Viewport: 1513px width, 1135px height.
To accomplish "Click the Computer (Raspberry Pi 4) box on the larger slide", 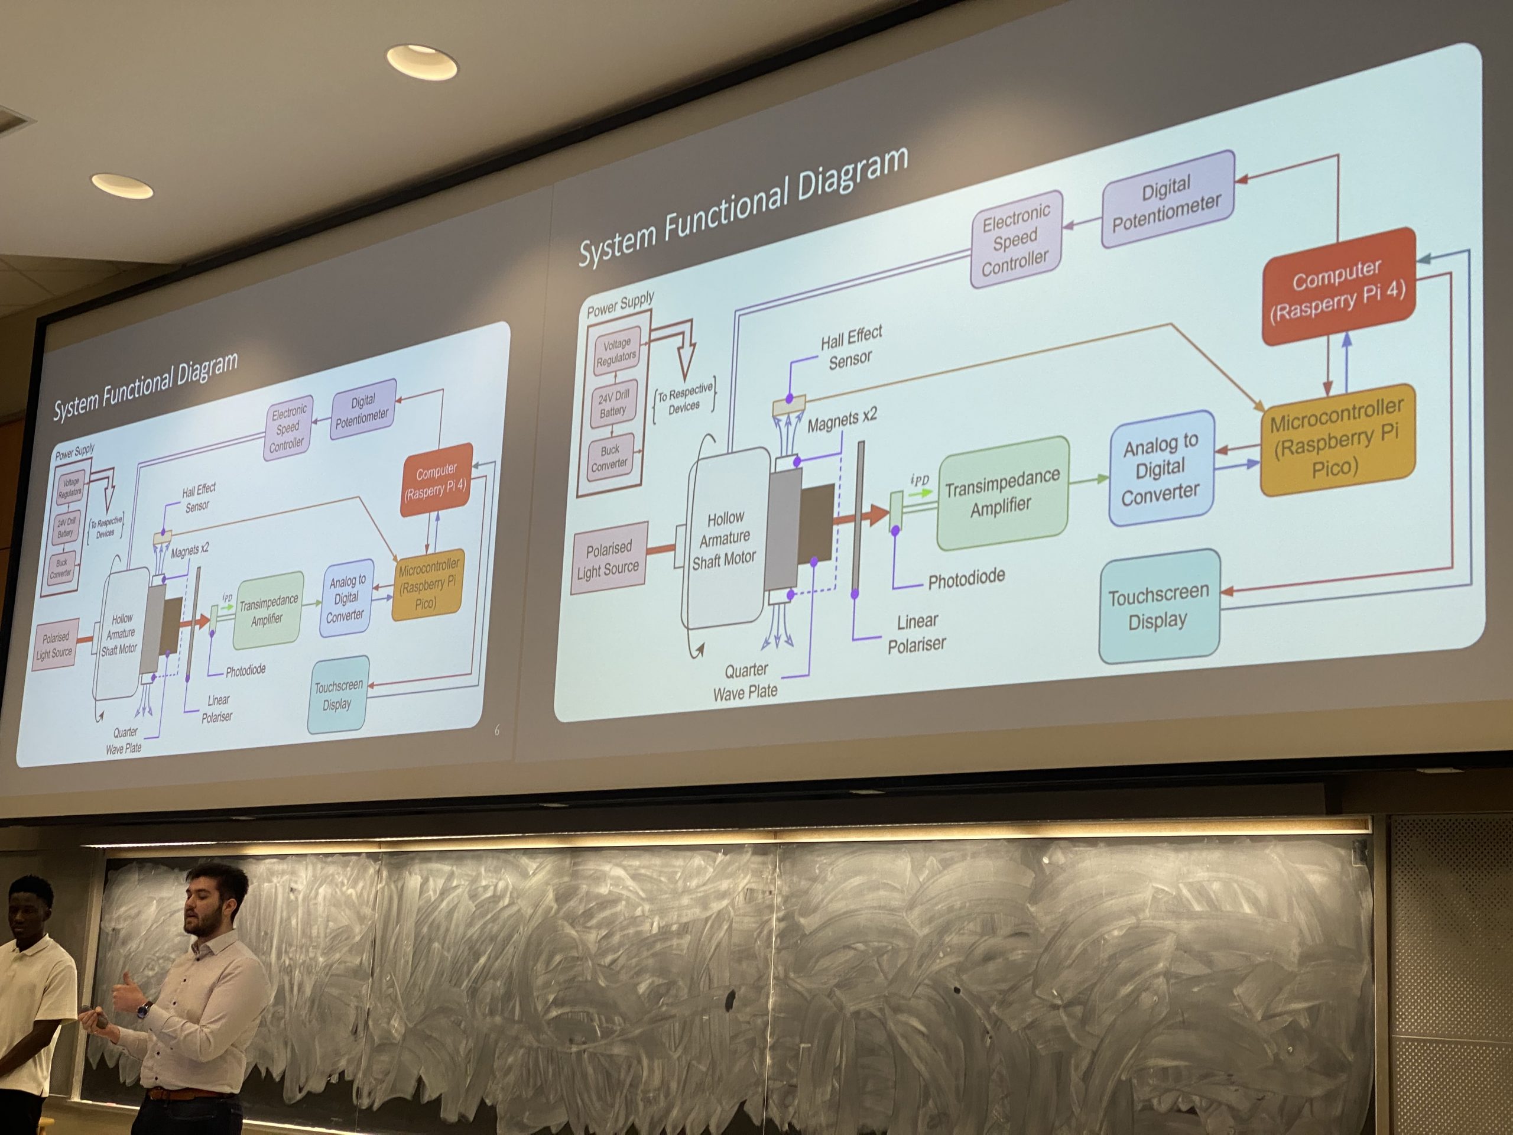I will tap(1337, 287).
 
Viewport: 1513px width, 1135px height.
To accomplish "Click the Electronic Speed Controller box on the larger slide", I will tap(1015, 239).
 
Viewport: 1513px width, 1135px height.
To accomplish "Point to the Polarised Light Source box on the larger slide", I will tap(608, 558).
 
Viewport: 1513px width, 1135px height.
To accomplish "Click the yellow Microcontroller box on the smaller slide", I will tap(427, 585).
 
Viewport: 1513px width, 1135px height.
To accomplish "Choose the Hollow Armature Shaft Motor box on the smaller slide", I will tap(121, 634).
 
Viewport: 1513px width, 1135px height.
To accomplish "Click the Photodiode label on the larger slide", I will tap(966, 579).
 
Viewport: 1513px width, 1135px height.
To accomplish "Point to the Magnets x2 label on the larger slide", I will tap(842, 419).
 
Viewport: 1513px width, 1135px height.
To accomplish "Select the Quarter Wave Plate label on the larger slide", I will tap(745, 682).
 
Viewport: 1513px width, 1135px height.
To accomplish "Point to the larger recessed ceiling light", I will tap(422, 61).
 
